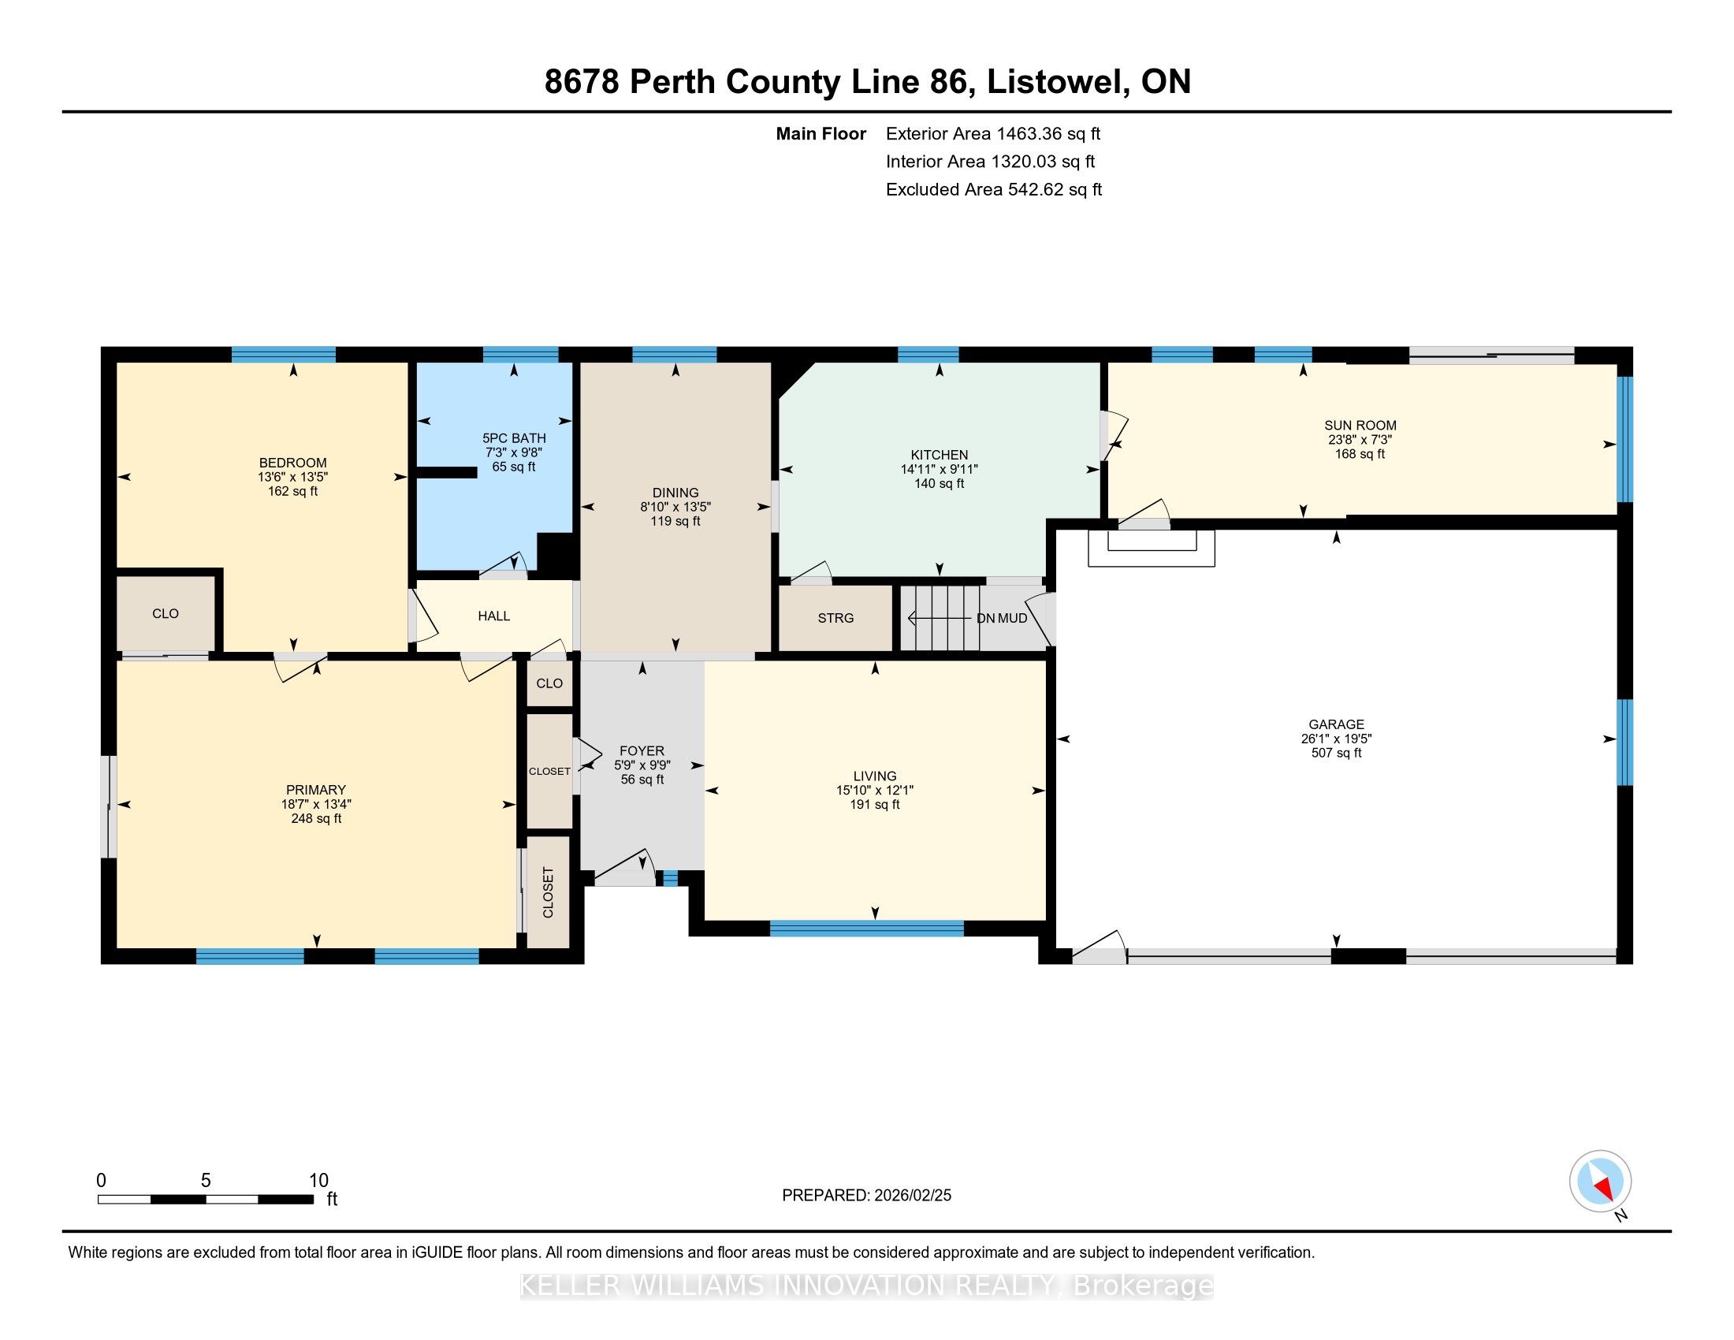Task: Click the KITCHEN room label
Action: (940, 455)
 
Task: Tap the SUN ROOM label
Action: (1360, 426)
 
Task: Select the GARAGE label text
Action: (1336, 724)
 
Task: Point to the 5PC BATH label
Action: (514, 438)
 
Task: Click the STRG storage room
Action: (836, 619)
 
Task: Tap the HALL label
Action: (494, 616)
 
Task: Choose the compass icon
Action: (1600, 1182)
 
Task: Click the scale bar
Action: (206, 1200)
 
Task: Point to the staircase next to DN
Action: (940, 619)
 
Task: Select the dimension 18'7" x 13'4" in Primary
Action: (316, 804)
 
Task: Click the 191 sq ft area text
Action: (875, 805)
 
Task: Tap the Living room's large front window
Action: (866, 928)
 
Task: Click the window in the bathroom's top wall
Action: (520, 355)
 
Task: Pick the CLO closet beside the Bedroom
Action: (166, 613)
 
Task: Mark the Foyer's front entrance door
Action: (626, 871)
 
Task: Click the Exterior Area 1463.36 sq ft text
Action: (993, 134)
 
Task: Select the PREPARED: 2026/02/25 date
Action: (866, 1196)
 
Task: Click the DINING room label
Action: (675, 493)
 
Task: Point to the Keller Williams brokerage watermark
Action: (867, 1286)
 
